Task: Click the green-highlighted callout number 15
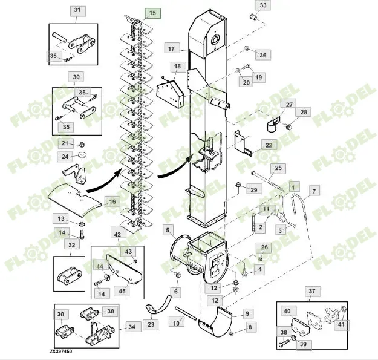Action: (x=152, y=13)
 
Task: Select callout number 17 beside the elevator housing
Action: (x=171, y=49)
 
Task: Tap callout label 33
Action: (x=262, y=5)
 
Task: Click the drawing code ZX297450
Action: (x=60, y=352)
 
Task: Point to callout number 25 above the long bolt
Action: (x=278, y=168)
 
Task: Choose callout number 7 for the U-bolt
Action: (x=314, y=191)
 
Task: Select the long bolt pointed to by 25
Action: (x=267, y=182)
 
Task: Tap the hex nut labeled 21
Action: (x=82, y=145)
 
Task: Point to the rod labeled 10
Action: (x=186, y=313)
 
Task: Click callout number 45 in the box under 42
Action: (x=122, y=291)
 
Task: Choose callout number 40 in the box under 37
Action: (x=287, y=311)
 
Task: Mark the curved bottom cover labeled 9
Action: (x=215, y=322)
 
